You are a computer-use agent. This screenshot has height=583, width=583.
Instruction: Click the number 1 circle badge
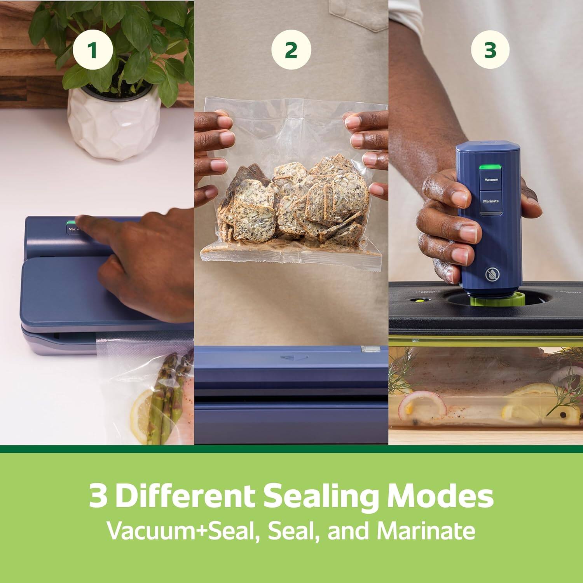[93, 50]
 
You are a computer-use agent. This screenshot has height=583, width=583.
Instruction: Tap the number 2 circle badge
[291, 50]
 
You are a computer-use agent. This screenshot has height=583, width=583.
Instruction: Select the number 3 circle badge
[490, 50]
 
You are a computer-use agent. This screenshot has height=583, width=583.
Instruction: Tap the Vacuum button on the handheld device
[491, 180]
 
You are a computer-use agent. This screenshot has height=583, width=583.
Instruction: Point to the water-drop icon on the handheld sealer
[492, 275]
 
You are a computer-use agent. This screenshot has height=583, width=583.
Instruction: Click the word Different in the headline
[185, 496]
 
